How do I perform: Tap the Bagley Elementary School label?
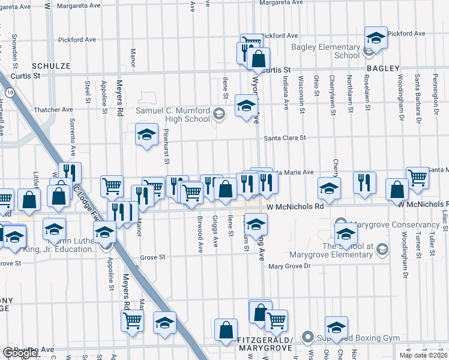pyautogui.click(x=325, y=51)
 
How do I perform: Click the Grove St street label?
pyautogui.click(x=152, y=257)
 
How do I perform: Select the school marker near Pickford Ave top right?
pyautogui.click(x=376, y=38)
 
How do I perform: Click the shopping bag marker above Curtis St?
pyautogui.click(x=258, y=59)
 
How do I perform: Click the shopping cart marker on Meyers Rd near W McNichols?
pyautogui.click(x=112, y=186)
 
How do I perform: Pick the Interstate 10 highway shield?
pyautogui.click(x=10, y=92)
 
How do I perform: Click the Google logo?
pyautogui.click(x=20, y=353)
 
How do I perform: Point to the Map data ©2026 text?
pyautogui.click(x=423, y=355)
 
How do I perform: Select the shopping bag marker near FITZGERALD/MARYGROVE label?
pyautogui.click(x=226, y=330)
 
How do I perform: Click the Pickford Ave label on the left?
pyautogui.click(x=77, y=40)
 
